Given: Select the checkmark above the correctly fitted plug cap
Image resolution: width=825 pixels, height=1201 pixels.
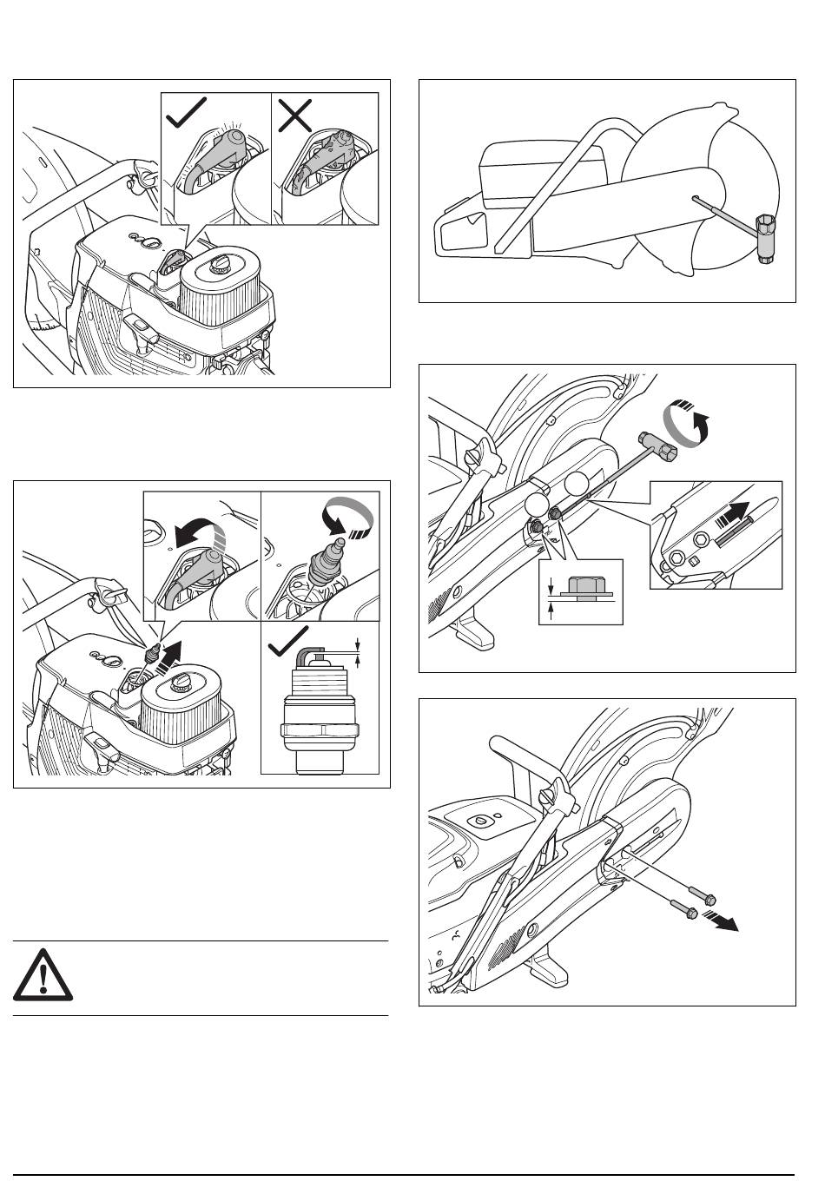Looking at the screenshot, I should (186, 113).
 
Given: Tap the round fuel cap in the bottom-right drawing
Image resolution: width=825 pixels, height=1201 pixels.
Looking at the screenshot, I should (478, 820).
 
